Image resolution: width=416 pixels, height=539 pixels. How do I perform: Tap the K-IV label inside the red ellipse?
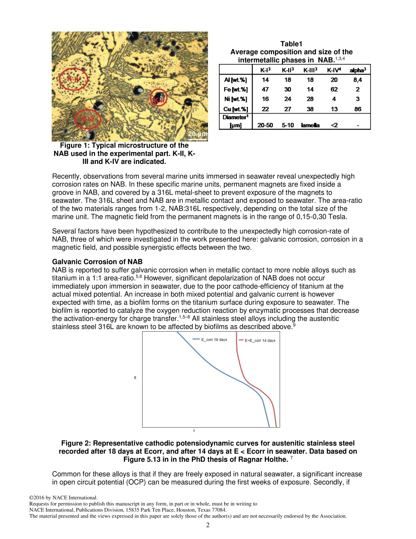pos(73,79)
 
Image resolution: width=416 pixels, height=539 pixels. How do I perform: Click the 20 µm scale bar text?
pos(197,134)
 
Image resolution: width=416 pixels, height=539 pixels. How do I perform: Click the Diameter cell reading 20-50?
pos(265,125)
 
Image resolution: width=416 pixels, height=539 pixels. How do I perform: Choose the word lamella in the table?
pos(310,125)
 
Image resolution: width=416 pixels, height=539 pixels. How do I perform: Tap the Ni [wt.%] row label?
pos(235,99)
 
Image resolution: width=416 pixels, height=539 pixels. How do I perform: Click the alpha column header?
pos(357,70)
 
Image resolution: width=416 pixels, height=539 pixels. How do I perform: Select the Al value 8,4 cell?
pos(357,80)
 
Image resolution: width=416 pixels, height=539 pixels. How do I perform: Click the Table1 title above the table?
pos(291,44)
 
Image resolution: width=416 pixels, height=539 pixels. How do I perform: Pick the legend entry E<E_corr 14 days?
pos(260,340)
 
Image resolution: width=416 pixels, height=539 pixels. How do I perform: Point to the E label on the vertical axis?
pos(135,377)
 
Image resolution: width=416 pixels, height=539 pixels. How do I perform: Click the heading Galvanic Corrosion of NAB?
pos(97,262)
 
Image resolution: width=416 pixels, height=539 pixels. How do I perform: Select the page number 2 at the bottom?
pos(208,525)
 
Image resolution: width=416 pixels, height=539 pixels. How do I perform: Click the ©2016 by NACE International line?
pos(63,498)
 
